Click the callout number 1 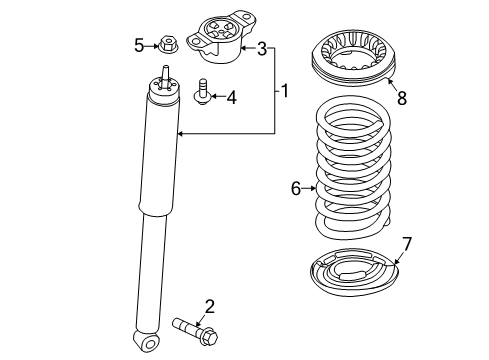click(x=285, y=91)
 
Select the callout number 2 click(x=209, y=307)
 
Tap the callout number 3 click(x=262, y=49)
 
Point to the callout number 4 click(x=231, y=97)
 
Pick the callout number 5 click(x=139, y=45)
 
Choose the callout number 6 click(x=296, y=189)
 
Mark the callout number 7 click(x=407, y=244)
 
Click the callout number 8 click(x=402, y=98)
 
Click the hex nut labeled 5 click(x=168, y=44)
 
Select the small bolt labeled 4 click(x=202, y=92)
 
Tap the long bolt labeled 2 click(x=195, y=330)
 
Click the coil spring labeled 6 click(x=353, y=167)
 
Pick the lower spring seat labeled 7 click(x=354, y=272)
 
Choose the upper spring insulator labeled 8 click(x=354, y=57)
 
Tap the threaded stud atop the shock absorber click(x=165, y=76)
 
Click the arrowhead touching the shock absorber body click(x=180, y=134)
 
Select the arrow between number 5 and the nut click(x=152, y=46)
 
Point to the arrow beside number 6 click(x=309, y=189)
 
